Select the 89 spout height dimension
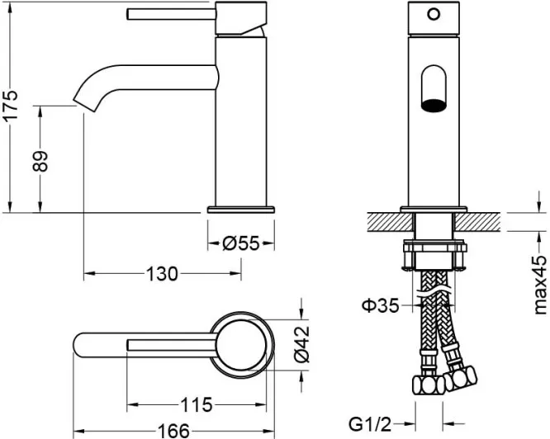click(40, 161)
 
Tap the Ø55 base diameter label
click(240, 243)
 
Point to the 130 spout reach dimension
click(162, 274)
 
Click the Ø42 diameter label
click(301, 344)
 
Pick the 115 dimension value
click(197, 404)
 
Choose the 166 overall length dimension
click(173, 431)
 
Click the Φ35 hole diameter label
click(381, 305)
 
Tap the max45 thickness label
click(540, 285)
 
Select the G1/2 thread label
click(370, 425)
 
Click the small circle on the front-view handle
click(434, 14)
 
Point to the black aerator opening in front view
click(434, 106)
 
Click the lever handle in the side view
click(172, 15)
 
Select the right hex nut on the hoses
click(461, 378)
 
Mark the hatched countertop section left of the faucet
click(390, 222)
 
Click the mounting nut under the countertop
click(434, 255)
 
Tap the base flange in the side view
click(240, 210)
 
